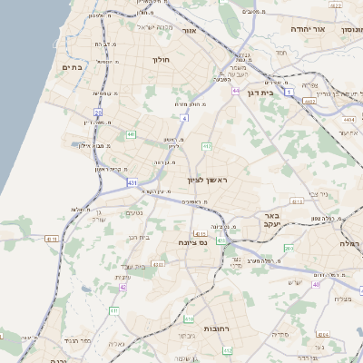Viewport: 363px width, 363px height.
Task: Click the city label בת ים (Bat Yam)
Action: tap(73, 67)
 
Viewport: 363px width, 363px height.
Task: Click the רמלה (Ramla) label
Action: tap(350, 243)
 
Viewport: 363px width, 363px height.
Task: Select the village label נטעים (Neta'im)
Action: tap(134, 213)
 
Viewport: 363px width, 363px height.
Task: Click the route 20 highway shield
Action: tap(97, 113)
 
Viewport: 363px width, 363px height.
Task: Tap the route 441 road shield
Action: tap(131, 134)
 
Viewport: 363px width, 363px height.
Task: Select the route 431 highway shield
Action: tap(132, 182)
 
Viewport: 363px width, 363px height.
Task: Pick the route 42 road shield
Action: tap(123, 287)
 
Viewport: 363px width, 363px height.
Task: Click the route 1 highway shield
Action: tap(289, 92)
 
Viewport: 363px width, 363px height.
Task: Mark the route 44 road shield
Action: tap(236, 92)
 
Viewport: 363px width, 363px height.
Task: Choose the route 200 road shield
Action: tap(289, 248)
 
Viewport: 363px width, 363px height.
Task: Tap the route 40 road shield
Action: tap(316, 284)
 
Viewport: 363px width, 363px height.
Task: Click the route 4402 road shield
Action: tap(309, 102)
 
